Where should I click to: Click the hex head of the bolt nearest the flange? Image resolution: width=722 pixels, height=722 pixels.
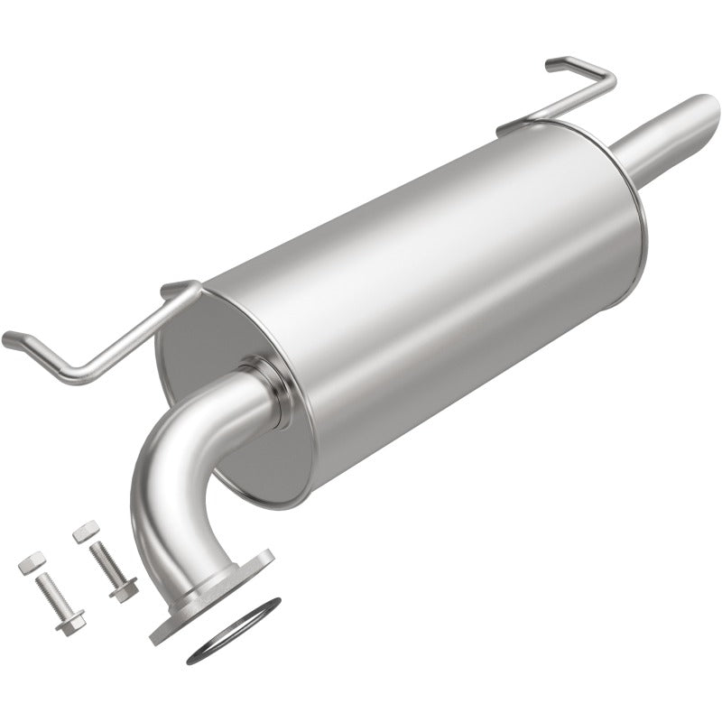click(x=124, y=589)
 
